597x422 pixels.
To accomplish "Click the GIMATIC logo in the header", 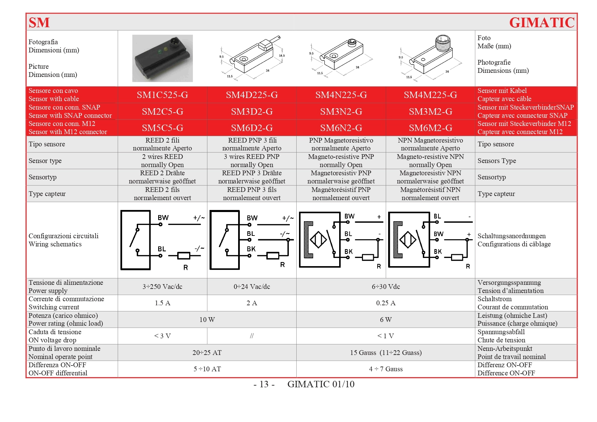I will click(x=542, y=23).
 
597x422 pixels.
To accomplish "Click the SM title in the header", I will click(x=39, y=23).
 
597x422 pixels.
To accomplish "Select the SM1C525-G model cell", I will click(x=162, y=95).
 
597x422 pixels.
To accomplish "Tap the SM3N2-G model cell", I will click(x=341, y=112).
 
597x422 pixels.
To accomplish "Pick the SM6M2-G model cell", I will click(x=430, y=128).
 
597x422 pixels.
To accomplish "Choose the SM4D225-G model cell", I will click(x=252, y=95).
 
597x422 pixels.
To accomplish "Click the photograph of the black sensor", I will click(x=162, y=58).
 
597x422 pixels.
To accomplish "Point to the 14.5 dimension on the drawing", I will click(x=282, y=55).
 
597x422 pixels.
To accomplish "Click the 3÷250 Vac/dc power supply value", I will click(x=162, y=287).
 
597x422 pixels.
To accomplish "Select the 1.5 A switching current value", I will click(x=162, y=303).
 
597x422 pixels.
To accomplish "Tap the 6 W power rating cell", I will click(x=386, y=320).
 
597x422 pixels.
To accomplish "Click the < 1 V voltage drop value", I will click(x=386, y=336).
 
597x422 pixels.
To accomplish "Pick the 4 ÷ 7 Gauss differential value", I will click(x=386, y=369).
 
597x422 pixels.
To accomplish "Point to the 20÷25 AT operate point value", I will click(x=207, y=353).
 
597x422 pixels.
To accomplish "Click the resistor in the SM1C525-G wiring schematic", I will click(x=184, y=256).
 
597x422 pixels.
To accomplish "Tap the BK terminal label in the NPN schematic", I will click(x=438, y=251).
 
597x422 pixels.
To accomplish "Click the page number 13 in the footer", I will click(x=264, y=384).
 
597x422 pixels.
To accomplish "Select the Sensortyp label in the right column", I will click(x=492, y=177).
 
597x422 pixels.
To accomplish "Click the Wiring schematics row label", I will click(x=55, y=244).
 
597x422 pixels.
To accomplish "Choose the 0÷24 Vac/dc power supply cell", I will click(x=252, y=287).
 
